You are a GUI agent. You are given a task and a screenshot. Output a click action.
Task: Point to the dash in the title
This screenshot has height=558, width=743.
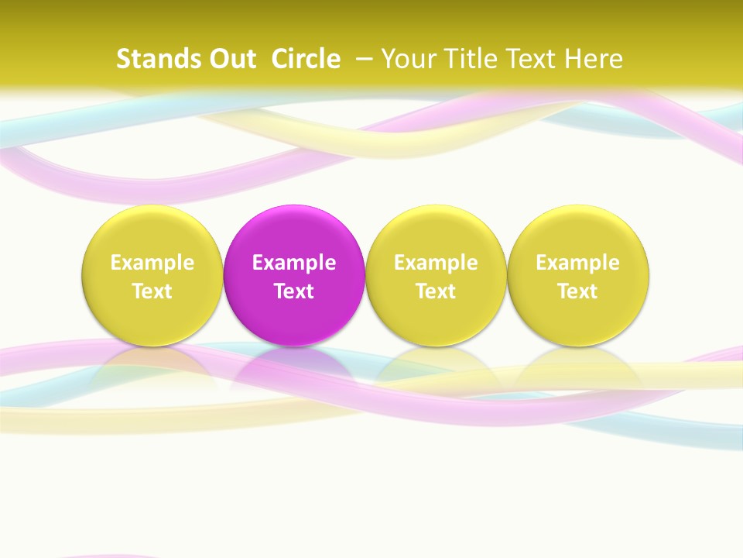pos(364,57)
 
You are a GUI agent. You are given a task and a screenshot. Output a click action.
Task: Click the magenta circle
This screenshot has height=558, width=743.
pos(294,232)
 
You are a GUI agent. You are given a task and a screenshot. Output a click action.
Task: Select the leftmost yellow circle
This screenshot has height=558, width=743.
pos(152,232)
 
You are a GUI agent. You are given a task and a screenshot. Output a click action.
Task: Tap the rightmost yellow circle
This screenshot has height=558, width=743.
pos(578,232)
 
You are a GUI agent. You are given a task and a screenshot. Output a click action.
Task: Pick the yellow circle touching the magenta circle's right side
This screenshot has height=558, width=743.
pos(436,232)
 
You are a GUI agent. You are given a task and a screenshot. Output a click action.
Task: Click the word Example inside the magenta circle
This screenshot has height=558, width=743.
pos(294,263)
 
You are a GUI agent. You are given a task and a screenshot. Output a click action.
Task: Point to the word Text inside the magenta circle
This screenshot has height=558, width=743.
pos(294,291)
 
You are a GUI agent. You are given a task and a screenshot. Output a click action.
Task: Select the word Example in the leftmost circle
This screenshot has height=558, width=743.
pos(152,263)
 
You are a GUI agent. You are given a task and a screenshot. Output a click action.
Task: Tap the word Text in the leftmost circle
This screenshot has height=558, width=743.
pos(152,291)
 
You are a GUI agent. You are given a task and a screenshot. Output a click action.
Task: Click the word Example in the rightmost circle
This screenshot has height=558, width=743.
pos(578,263)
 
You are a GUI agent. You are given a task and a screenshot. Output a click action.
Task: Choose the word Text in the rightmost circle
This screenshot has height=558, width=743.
pos(578,291)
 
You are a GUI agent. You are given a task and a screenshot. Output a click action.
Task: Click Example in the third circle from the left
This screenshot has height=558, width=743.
pos(436,263)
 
